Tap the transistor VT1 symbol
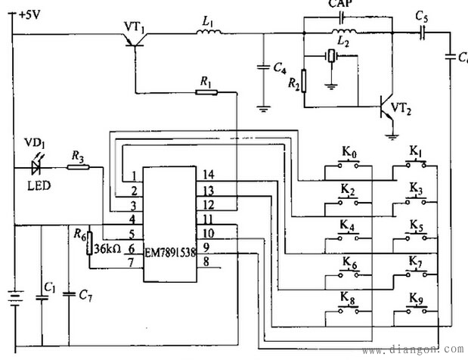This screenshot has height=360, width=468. (135, 42)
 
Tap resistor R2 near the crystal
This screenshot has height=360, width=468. (305, 79)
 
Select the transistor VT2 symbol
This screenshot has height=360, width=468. (387, 110)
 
